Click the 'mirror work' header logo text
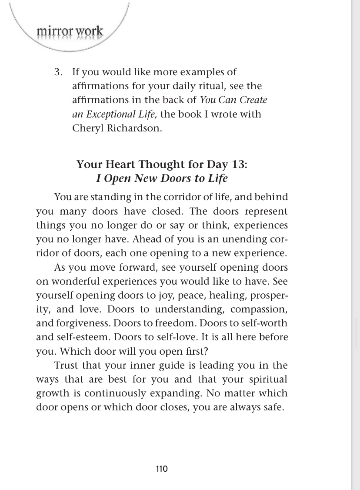click(70, 32)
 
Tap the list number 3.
click(58, 72)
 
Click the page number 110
click(162, 469)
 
